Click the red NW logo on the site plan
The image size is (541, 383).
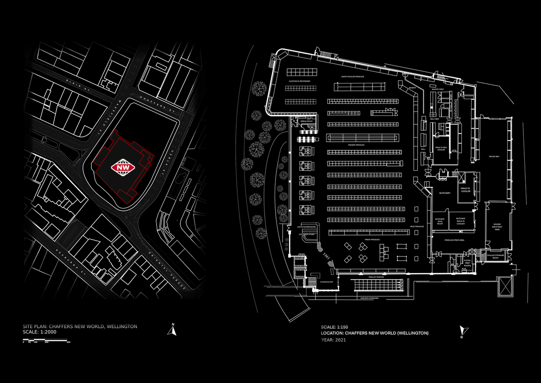[124, 167]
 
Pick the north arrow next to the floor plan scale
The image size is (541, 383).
[462, 331]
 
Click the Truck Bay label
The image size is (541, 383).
[494, 157]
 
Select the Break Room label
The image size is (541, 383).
[307, 121]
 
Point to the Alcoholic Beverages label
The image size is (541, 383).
[300, 81]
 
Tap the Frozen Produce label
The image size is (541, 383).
[356, 145]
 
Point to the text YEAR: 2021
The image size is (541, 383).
[333, 340]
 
